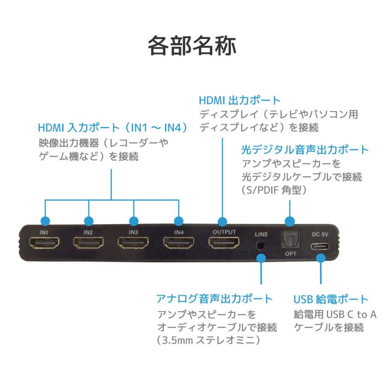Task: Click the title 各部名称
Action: coord(192,46)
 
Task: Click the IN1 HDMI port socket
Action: coord(44,244)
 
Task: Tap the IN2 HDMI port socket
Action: coord(89,244)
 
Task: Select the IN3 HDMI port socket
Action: coord(133,244)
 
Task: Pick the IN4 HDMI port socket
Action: coord(178,244)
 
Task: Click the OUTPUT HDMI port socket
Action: coord(224,244)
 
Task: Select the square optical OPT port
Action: coord(290,241)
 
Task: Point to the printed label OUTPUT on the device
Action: coord(224,232)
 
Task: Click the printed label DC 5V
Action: coord(320,234)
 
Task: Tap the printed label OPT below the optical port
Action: coord(291,254)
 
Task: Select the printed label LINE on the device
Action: coord(261,235)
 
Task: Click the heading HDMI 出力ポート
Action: coord(239,101)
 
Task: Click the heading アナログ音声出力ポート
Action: coord(214,299)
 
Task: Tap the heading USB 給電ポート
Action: coord(331,299)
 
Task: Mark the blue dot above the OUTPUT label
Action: coord(222,222)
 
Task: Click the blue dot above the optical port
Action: coord(290,222)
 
